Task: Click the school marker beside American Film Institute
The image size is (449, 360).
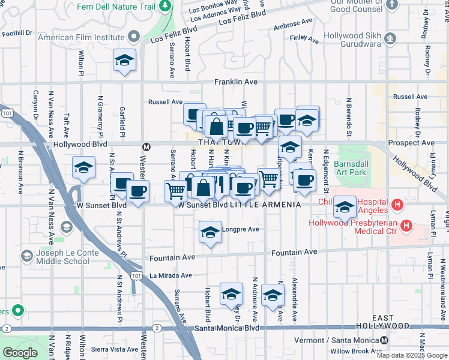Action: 124,61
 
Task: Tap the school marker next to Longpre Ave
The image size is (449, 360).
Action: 210,233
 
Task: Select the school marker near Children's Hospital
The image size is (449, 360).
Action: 345,208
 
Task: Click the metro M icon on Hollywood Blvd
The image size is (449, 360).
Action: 146,146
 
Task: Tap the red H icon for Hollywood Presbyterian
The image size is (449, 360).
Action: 407,226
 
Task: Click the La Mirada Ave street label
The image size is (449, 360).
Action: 170,276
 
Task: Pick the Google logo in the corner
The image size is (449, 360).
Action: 20,353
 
